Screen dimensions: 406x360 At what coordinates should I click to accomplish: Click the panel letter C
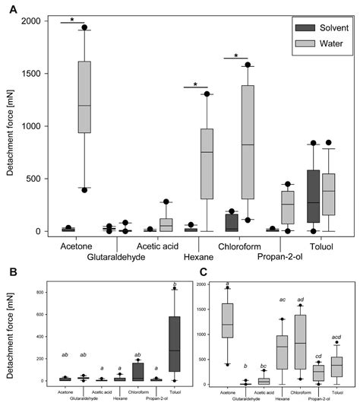pyautogui.click(x=200, y=271)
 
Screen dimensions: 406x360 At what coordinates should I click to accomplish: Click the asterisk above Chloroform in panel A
pyautogui.click(x=236, y=56)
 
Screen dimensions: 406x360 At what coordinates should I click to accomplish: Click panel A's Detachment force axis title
pyautogui.click(x=11, y=127)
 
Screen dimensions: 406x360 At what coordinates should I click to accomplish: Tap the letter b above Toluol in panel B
pyautogui.click(x=175, y=284)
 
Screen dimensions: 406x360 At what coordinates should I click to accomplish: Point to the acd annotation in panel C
pyautogui.click(x=336, y=336)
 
